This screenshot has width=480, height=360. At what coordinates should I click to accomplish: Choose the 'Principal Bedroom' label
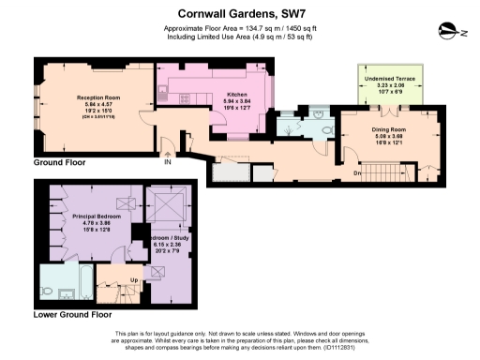pyautogui.click(x=93, y=217)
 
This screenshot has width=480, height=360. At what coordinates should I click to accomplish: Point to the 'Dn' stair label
pyautogui.click(x=357, y=172)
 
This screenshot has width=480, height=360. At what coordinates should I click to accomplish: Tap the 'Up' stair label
pyautogui.click(x=134, y=280)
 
